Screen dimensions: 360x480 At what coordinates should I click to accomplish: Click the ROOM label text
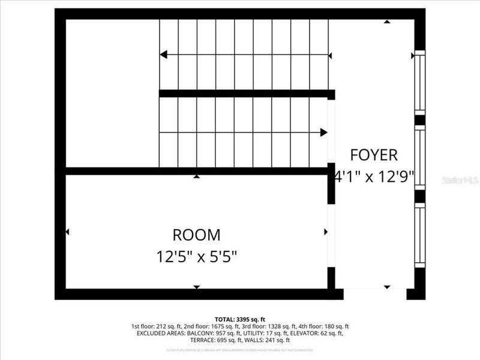pyautogui.click(x=196, y=235)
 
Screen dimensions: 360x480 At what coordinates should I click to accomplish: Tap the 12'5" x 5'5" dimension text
pyautogui.click(x=196, y=257)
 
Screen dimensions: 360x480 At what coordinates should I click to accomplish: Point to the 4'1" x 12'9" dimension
pyautogui.click(x=374, y=178)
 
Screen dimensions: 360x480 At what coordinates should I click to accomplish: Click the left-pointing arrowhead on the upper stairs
pyautogui.click(x=163, y=55)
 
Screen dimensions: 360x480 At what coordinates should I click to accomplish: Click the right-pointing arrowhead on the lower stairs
pyautogui.click(x=324, y=132)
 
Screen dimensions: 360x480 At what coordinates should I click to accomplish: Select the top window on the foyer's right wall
pyautogui.click(x=420, y=83)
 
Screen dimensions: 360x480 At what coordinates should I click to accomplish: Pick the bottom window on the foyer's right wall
pyautogui.click(x=420, y=235)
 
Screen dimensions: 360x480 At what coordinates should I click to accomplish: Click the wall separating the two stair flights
pyautogui.click(x=246, y=94)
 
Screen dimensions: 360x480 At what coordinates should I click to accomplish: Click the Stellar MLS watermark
pyautogui.click(x=460, y=179)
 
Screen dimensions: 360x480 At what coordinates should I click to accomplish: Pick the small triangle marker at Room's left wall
pyautogui.click(x=68, y=232)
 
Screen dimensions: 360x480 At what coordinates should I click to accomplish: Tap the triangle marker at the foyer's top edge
pyautogui.click(x=387, y=22)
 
